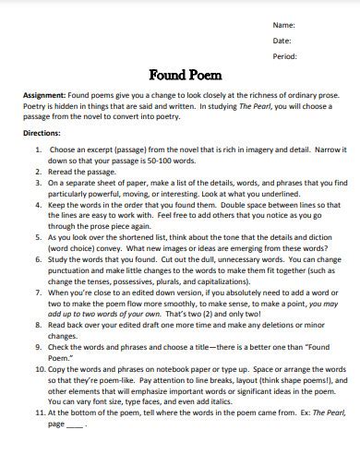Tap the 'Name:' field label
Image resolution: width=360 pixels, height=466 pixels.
tap(283, 23)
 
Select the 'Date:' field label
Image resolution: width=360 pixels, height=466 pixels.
tap(282, 40)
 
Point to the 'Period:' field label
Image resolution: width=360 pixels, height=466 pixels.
tap(285, 56)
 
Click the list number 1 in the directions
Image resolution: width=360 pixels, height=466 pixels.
tap(38, 148)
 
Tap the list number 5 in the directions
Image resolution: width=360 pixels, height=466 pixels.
tap(38, 235)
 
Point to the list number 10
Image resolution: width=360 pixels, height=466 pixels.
tap(39, 367)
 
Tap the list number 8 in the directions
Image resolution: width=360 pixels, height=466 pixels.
tap(38, 324)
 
